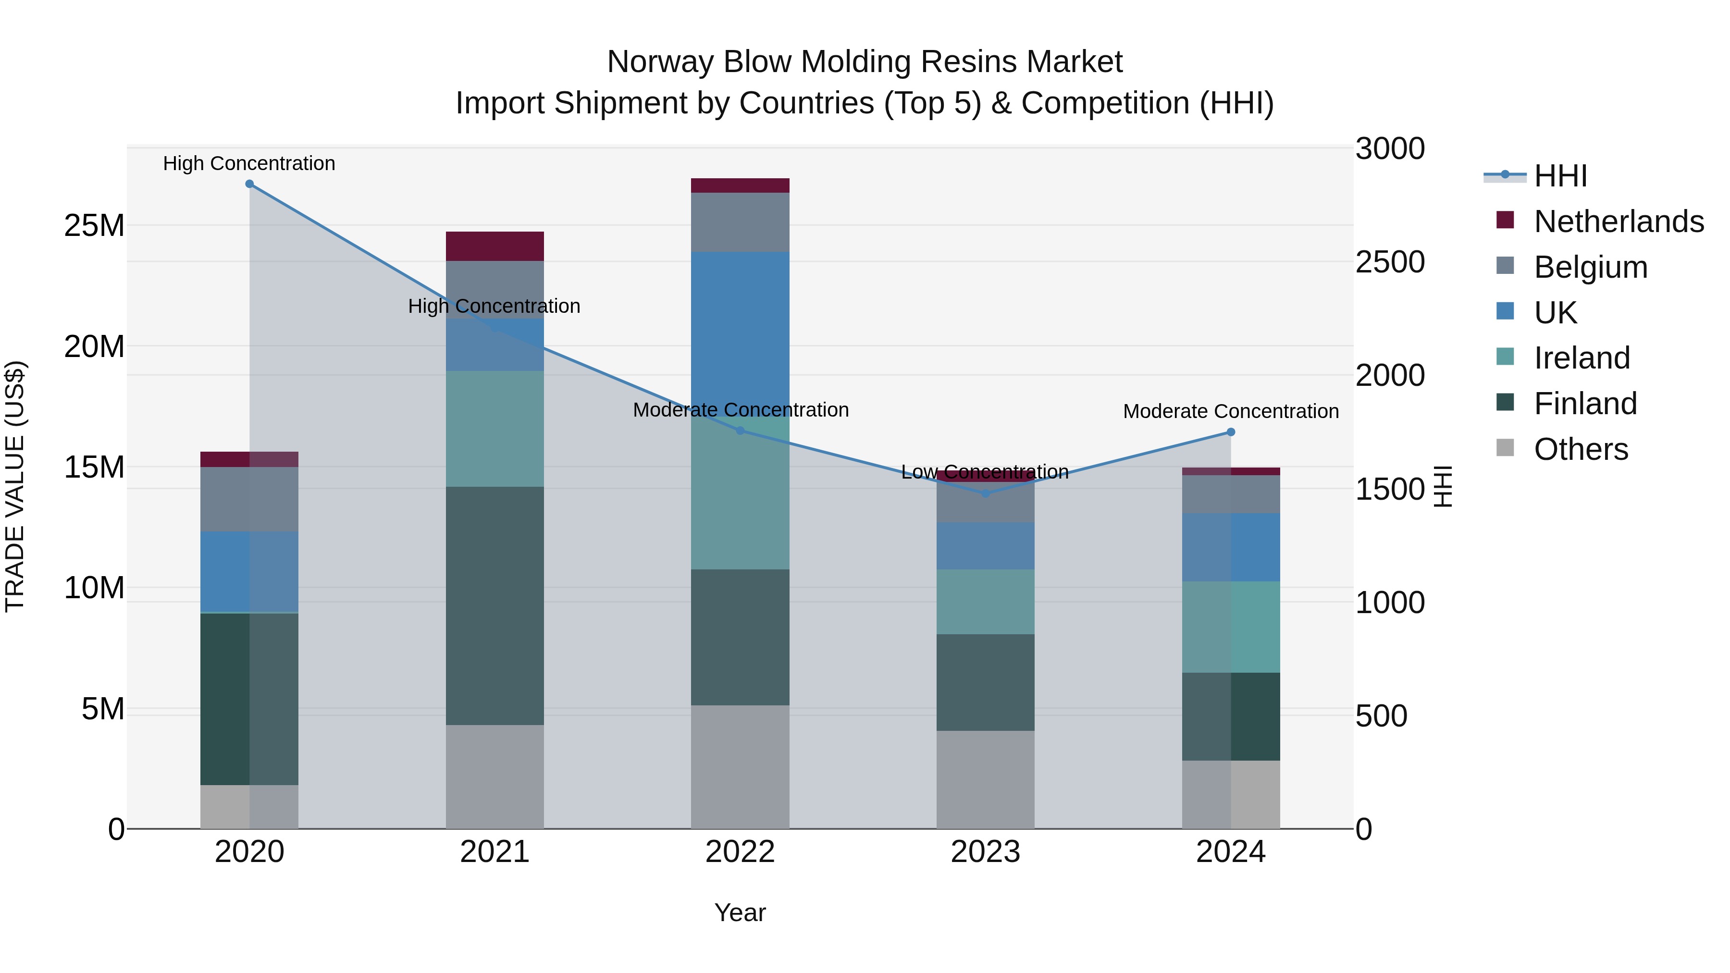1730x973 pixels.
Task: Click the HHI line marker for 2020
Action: tap(249, 184)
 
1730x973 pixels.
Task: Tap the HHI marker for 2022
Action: tap(740, 431)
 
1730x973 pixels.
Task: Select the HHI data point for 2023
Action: tap(985, 493)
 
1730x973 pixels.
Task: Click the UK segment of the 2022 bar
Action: tap(740, 329)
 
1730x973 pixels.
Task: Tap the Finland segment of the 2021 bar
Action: tap(494, 604)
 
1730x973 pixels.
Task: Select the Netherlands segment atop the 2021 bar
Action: tap(494, 246)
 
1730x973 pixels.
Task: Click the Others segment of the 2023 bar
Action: tap(985, 779)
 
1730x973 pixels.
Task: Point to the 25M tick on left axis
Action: tap(94, 226)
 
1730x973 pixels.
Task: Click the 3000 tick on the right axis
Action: tap(1389, 149)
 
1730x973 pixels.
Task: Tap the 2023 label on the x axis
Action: tap(985, 852)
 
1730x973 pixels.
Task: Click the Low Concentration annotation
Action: tap(985, 472)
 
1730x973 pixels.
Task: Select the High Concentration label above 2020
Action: tap(249, 164)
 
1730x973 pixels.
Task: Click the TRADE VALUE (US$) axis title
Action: tap(15, 486)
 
